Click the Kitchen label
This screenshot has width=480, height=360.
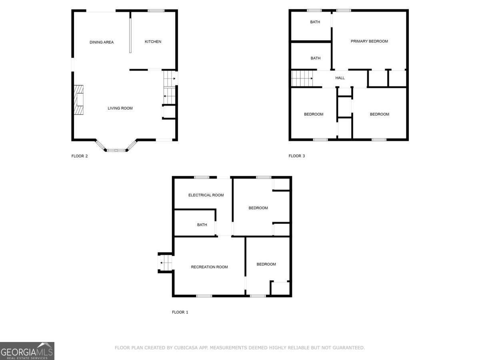(153, 42)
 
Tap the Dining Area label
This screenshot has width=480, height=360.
(102, 42)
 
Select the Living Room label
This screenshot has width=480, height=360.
(120, 108)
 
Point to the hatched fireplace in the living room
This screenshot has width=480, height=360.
(78, 100)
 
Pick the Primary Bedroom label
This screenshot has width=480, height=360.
(369, 41)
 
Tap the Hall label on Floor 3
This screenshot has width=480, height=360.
(340, 78)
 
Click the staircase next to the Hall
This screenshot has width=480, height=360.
(302, 78)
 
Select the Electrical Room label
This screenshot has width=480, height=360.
(206, 195)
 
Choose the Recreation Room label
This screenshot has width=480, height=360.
(209, 267)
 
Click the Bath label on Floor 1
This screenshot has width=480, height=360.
(202, 225)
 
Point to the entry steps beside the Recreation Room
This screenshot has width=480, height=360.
(165, 263)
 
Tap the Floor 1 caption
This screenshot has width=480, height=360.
(180, 312)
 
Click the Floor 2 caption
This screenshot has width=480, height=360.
(79, 156)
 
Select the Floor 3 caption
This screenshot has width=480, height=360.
(296, 156)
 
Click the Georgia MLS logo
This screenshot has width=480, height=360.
(27, 351)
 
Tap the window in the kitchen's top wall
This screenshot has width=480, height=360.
(156, 10)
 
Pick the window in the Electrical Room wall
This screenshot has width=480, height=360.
(202, 177)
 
